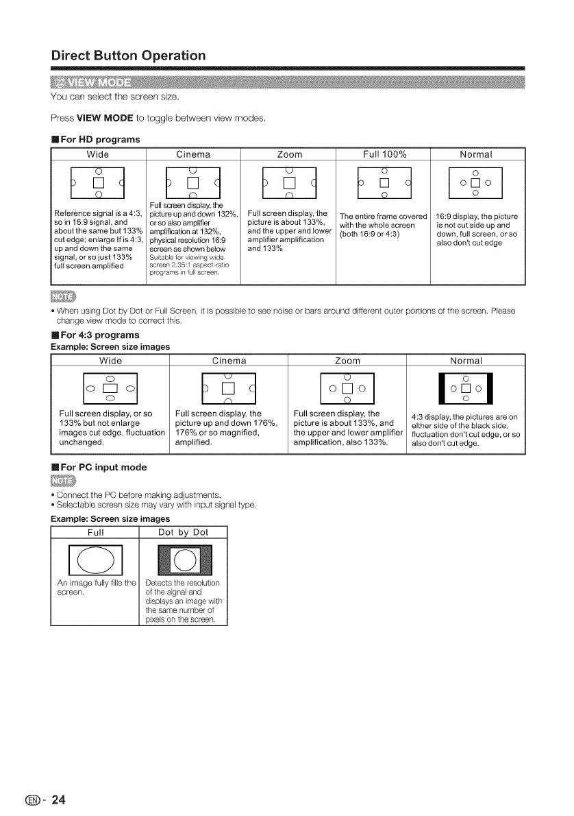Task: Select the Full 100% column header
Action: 384,153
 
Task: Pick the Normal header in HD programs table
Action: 477,153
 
